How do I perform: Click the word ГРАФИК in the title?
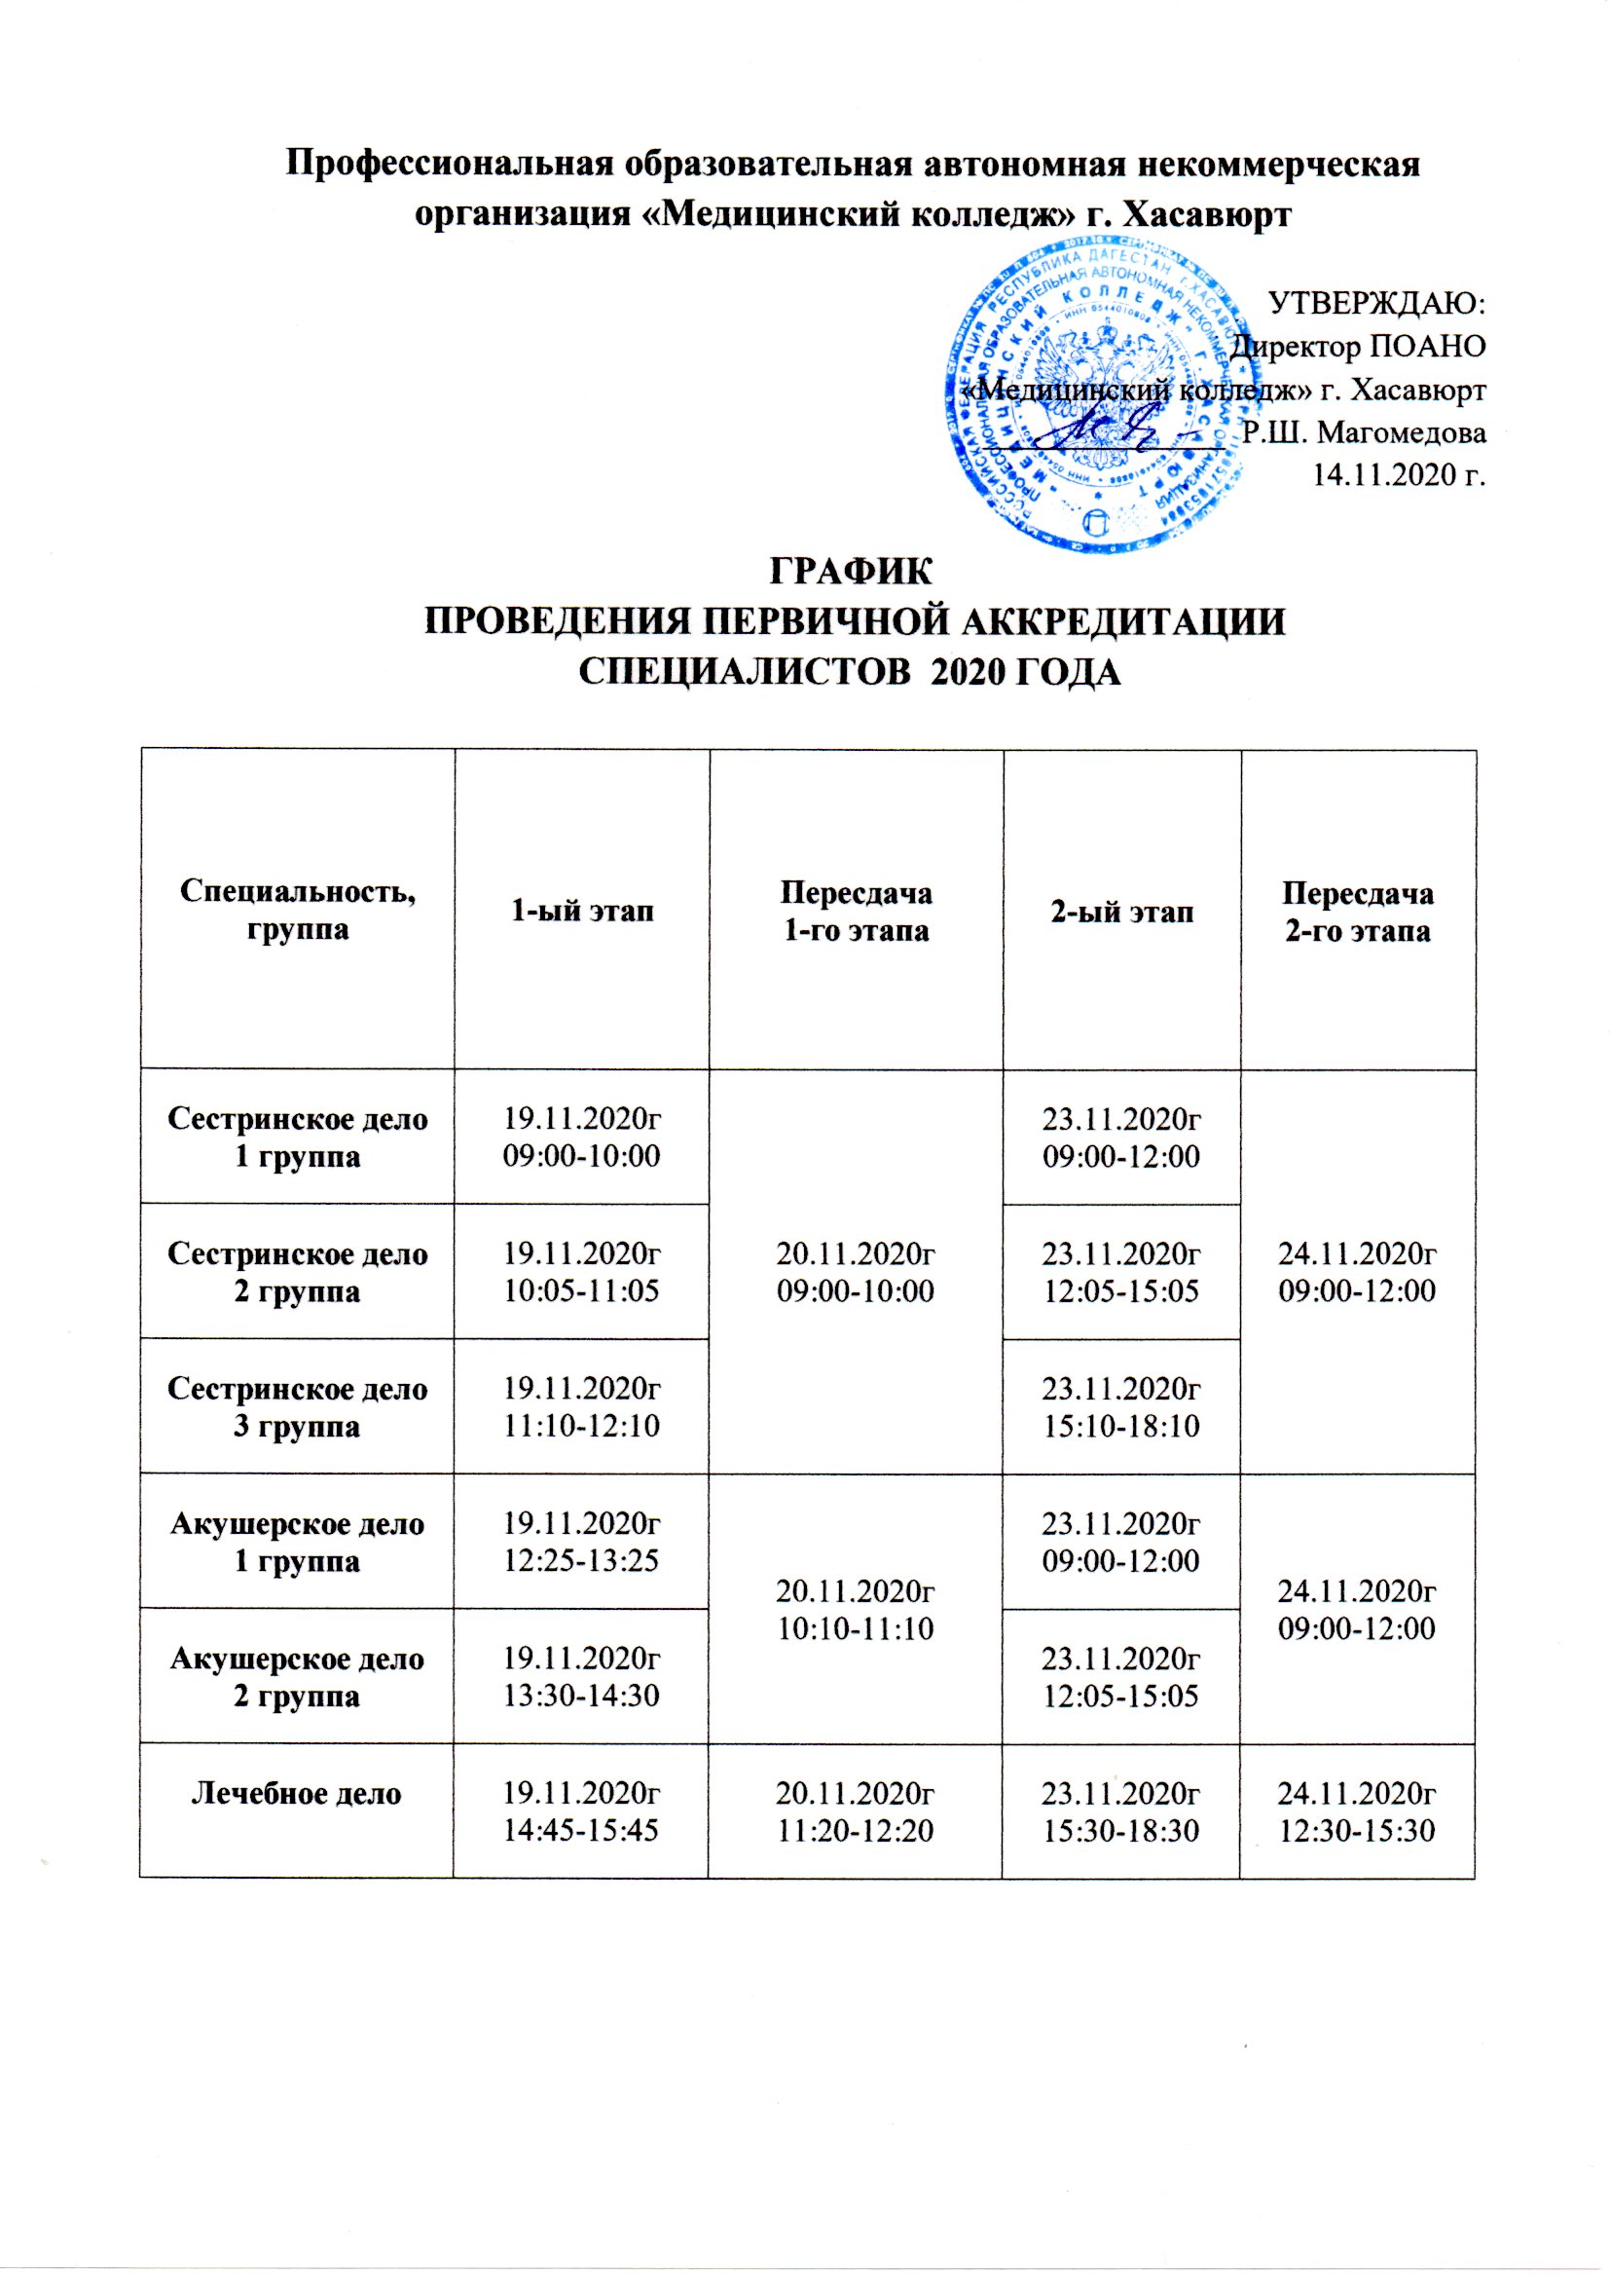[852, 575]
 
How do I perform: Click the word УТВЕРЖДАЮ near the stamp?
[1377, 303]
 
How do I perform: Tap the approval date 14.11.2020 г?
[1399, 475]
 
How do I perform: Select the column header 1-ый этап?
[582, 912]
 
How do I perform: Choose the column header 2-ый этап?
[1121, 912]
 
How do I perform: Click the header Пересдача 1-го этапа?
[857, 912]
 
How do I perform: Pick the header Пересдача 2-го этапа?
[1357, 912]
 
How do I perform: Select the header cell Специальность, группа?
[298, 910]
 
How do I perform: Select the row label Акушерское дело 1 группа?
[298, 1542]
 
